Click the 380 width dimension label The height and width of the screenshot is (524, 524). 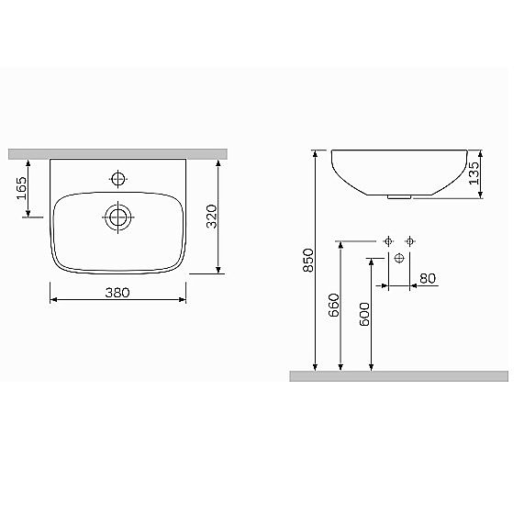[117, 293]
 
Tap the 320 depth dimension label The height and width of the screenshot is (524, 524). [212, 217]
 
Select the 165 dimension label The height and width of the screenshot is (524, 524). [22, 188]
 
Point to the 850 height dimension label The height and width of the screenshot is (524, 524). [308, 261]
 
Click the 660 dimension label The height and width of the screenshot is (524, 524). [334, 305]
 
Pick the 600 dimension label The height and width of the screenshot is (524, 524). [364, 314]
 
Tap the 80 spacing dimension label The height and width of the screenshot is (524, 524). [428, 278]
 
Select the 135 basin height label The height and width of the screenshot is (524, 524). [474, 173]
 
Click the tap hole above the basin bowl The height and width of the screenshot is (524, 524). [118, 179]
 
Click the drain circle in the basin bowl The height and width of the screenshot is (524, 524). [118, 217]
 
